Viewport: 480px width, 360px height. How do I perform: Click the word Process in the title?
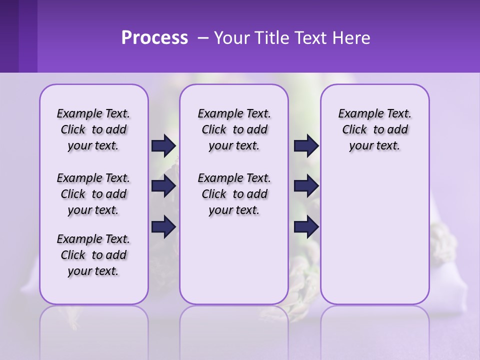pyautogui.click(x=154, y=37)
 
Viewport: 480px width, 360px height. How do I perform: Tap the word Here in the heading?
pyautogui.click(x=351, y=38)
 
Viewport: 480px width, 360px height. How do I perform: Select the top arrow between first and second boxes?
pyautogui.click(x=163, y=145)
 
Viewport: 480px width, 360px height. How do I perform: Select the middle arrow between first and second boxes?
pyautogui.click(x=163, y=186)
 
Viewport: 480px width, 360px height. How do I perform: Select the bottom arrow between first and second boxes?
pyautogui.click(x=163, y=227)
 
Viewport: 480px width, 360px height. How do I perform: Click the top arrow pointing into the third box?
pyautogui.click(x=306, y=145)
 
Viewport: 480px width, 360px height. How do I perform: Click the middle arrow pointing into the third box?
pyautogui.click(x=306, y=186)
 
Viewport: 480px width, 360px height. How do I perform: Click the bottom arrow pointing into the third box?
pyautogui.click(x=306, y=227)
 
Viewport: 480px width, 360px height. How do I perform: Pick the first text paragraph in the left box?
pyautogui.click(x=93, y=129)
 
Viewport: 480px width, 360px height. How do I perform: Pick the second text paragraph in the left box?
pyautogui.click(x=93, y=194)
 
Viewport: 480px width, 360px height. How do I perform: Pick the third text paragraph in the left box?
pyautogui.click(x=93, y=255)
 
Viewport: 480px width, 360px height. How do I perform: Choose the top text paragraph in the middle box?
pyautogui.click(x=234, y=129)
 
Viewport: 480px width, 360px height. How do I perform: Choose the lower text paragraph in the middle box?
pyautogui.click(x=234, y=194)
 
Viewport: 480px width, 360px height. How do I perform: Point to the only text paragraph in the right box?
pyautogui.click(x=374, y=129)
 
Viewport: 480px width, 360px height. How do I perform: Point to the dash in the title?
pyautogui.click(x=203, y=38)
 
